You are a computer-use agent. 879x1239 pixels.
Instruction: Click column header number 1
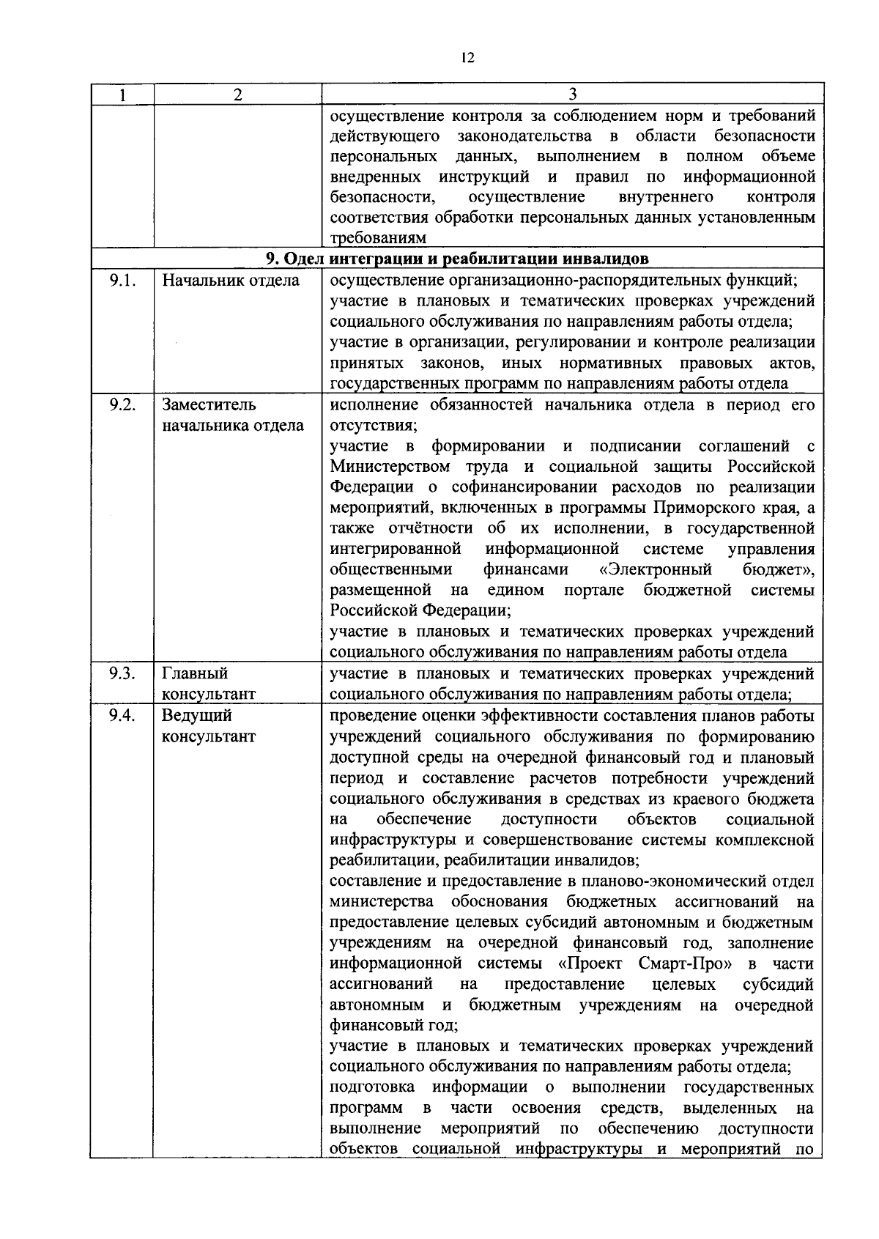pos(122,95)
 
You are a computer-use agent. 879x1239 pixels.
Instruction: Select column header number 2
pos(237,95)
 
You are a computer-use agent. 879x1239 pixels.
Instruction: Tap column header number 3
pos(573,95)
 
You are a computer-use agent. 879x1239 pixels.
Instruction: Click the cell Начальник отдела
pos(231,281)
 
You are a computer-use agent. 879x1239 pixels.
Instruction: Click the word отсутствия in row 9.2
pos(373,426)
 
